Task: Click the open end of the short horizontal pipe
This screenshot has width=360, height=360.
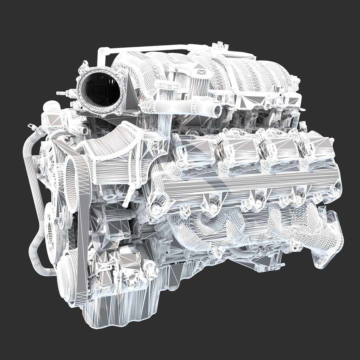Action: click(x=218, y=110)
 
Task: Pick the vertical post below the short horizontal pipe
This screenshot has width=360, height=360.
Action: click(x=163, y=120)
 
